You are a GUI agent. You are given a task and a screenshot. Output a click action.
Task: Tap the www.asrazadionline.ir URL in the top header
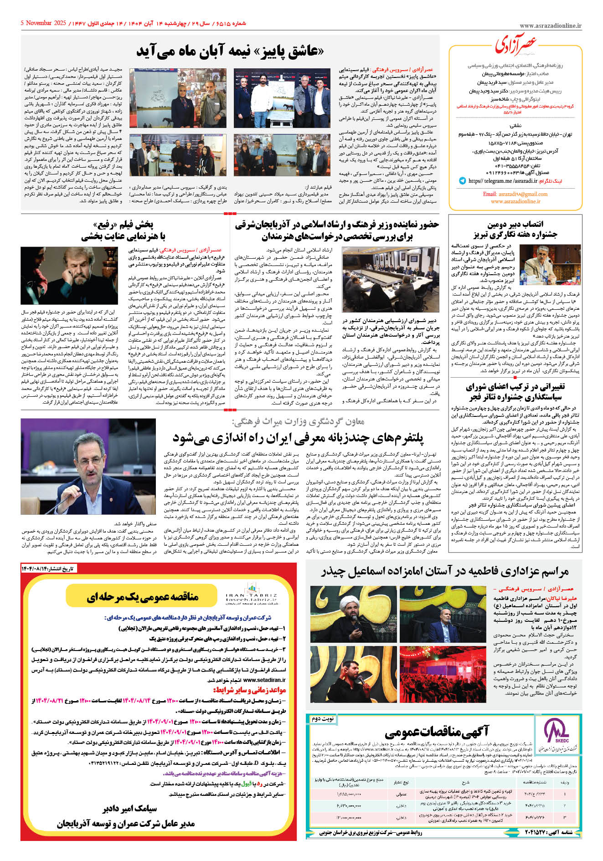[550, 26]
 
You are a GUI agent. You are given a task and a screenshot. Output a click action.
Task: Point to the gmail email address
[515, 194]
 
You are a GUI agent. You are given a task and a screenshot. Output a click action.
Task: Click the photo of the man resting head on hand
[69, 276]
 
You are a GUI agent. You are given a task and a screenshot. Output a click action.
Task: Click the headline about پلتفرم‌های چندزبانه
[298, 438]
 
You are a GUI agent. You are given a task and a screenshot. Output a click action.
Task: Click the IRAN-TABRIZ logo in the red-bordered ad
[252, 595]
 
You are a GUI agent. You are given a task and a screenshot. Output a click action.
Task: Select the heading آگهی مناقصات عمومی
[437, 733]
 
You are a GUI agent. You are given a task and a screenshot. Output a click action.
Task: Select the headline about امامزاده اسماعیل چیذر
[444, 572]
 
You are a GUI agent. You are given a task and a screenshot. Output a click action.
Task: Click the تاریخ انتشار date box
[48, 569]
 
